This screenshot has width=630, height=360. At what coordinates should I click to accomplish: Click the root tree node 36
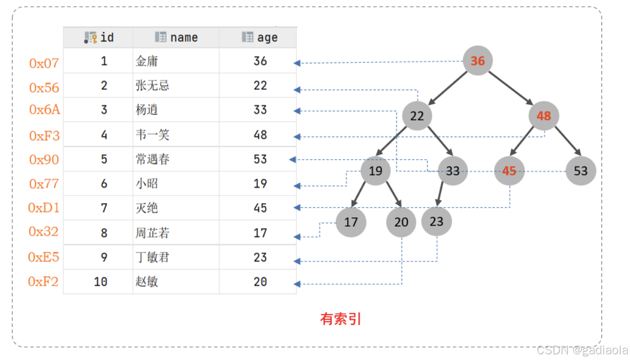tap(477, 61)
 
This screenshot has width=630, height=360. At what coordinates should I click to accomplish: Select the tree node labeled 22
tap(417, 116)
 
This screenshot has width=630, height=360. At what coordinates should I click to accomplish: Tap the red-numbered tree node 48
tap(543, 116)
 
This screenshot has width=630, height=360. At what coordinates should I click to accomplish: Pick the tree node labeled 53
tap(580, 170)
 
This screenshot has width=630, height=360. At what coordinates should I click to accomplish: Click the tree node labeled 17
tap(351, 222)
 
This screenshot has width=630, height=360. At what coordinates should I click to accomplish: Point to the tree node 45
tap(509, 170)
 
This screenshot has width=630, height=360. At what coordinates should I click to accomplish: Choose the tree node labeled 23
tap(436, 221)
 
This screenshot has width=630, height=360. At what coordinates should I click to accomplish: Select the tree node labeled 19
tap(375, 170)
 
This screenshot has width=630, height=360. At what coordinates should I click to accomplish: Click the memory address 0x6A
tap(45, 110)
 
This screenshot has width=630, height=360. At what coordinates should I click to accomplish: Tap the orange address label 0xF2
tap(44, 282)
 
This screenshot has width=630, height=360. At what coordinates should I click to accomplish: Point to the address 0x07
tap(44, 63)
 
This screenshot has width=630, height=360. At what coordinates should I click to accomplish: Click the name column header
tap(176, 37)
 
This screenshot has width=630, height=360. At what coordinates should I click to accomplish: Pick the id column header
tap(99, 37)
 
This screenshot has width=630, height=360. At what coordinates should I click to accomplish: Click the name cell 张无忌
tap(153, 86)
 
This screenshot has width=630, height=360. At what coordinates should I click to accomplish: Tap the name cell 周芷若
tap(153, 233)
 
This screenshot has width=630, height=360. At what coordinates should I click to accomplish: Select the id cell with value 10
tap(101, 282)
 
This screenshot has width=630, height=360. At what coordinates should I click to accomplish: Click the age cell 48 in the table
tap(260, 135)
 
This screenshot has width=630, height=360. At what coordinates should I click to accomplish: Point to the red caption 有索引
tap(340, 319)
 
